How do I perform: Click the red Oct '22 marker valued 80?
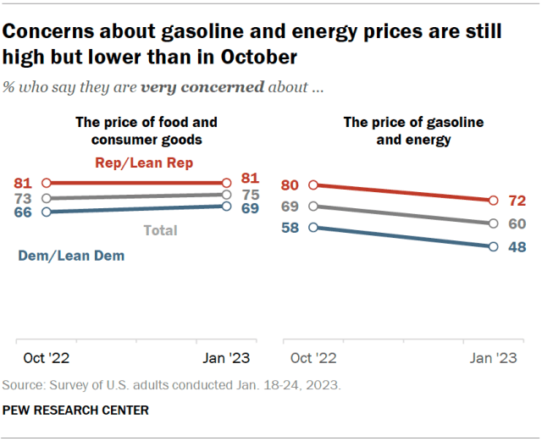point(314,185)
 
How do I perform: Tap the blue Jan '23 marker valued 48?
point(493,246)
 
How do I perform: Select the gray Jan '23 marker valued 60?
point(493,223)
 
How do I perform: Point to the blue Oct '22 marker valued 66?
point(47,212)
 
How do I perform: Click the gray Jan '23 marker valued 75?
point(226,194)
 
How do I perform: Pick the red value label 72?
point(517,201)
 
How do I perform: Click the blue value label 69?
point(252,207)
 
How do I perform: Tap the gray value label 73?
point(23,197)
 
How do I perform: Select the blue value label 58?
point(290,228)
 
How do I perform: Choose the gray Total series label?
point(160,229)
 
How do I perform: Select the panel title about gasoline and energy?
point(412,130)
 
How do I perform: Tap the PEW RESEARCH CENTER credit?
point(76,411)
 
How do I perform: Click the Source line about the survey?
point(171,384)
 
